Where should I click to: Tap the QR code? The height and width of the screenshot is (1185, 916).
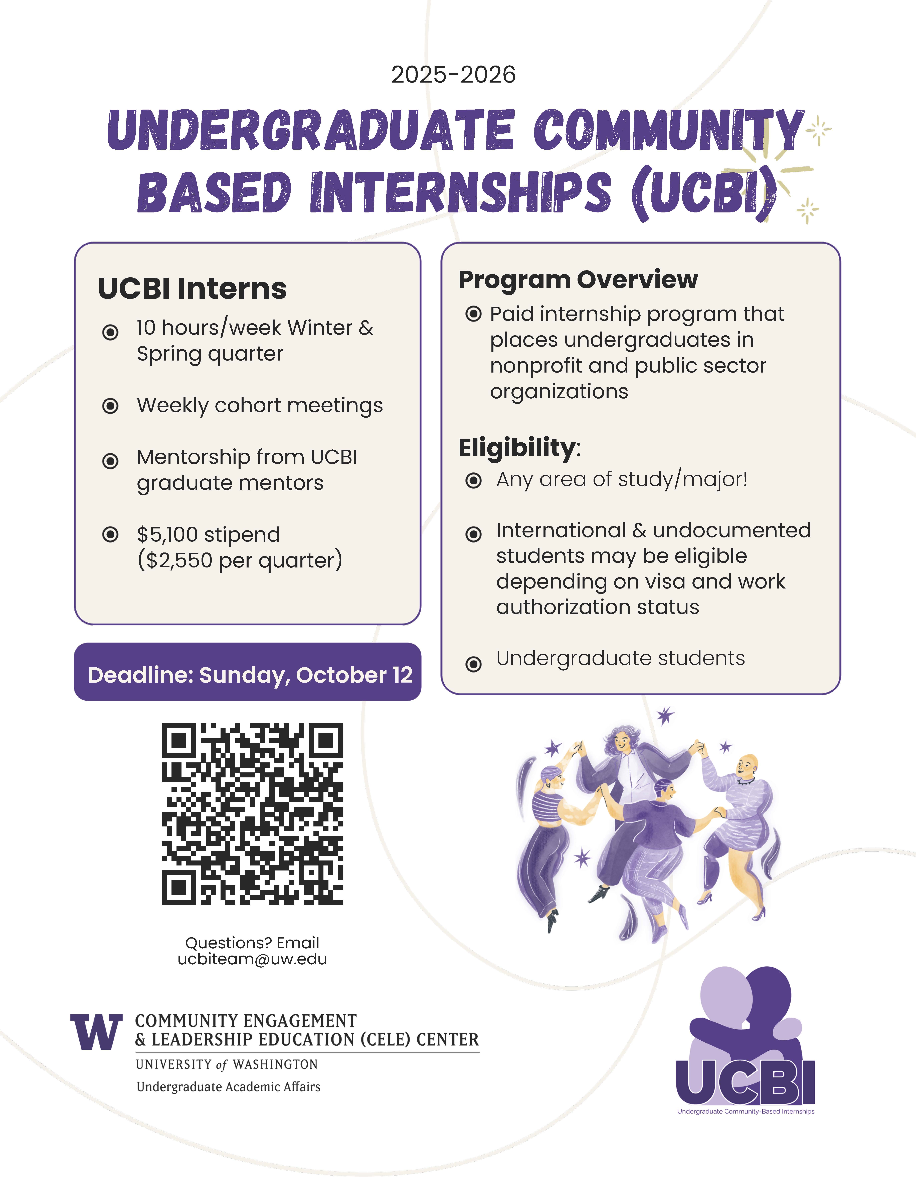(x=252, y=814)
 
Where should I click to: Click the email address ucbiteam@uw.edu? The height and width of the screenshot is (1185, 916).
(x=252, y=959)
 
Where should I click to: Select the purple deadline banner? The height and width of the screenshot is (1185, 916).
(x=247, y=672)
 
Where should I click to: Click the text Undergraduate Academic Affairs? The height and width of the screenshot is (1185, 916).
(x=228, y=1087)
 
